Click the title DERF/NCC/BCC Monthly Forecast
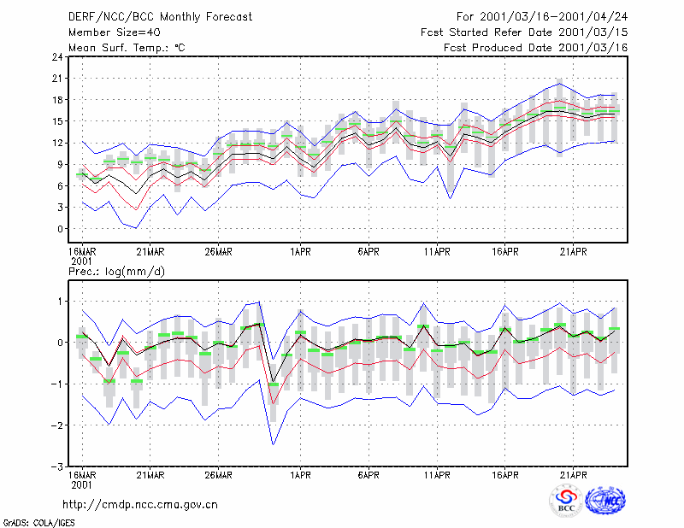coord(160,17)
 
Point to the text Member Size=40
coord(115,32)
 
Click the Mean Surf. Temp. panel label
coord(127,48)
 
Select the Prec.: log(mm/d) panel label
coord(116,272)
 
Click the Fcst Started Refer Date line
coord(524,32)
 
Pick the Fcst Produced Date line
coord(536,48)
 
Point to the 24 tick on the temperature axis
coord(58,57)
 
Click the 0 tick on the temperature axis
coord(60,229)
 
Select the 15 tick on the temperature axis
coord(58,121)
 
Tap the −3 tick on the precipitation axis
coord(56,467)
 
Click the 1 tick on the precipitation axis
coord(61,302)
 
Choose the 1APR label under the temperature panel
coord(301,252)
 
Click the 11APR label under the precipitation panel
coord(437,475)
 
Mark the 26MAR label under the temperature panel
coord(219,252)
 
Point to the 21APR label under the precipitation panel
coord(573,475)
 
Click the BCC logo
coord(566,501)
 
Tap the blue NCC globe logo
coord(605,501)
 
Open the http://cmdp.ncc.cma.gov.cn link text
coord(140,505)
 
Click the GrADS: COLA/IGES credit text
coord(38,523)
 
